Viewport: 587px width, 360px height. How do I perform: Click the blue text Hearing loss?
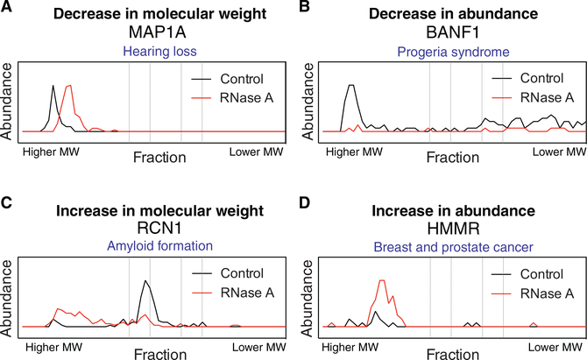click(147, 52)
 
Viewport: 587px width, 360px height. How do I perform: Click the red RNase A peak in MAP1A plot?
click(69, 87)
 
